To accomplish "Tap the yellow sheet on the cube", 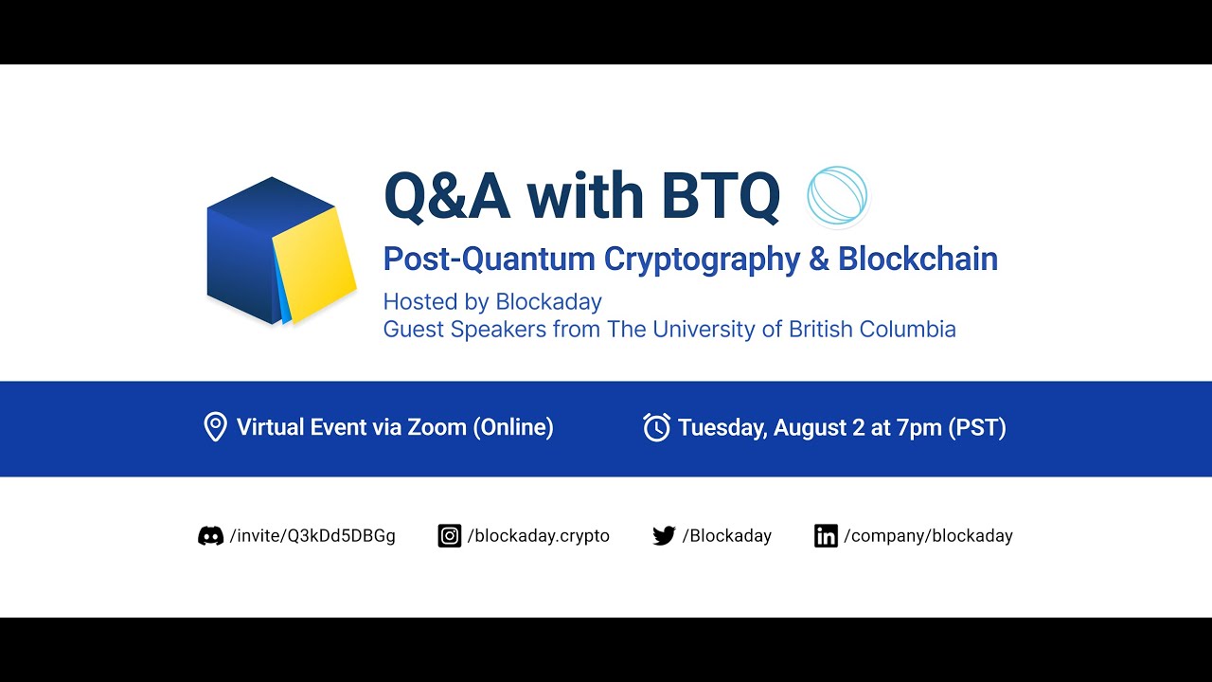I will [314, 264].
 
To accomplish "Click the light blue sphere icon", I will [837, 196].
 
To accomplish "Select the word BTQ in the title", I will [721, 196].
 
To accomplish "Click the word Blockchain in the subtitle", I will [918, 259].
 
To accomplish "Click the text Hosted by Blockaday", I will [492, 302].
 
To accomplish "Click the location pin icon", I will [215, 427].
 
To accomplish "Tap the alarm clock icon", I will [656, 427].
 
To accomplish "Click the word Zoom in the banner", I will [437, 427].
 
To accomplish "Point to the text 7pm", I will [918, 427].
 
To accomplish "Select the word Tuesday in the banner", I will [721, 427].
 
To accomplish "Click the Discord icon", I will [210, 536].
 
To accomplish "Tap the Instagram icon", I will [449, 536].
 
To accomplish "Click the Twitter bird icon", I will [664, 536].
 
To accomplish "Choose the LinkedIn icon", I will [826, 536].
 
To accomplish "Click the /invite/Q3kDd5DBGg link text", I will [312, 536].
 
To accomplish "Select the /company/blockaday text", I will [928, 536].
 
